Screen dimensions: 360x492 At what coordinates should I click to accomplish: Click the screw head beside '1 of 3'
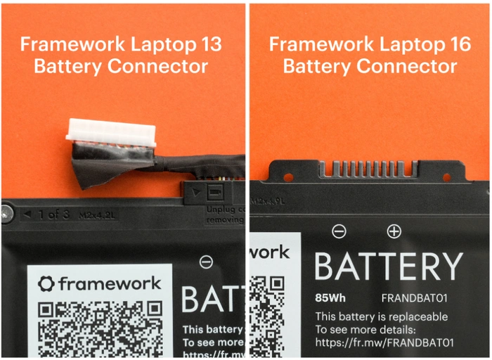pos(6,212)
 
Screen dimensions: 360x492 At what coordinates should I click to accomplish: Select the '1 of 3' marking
pos(53,214)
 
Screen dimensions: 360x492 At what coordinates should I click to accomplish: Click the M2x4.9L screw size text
pos(271,202)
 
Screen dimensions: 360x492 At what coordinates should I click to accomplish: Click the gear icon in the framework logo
pos(46,284)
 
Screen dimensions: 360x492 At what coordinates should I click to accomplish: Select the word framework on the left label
pos(109,284)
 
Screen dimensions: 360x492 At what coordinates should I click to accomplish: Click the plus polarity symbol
pos(394,231)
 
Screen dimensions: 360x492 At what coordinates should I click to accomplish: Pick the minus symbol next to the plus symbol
pos(339,231)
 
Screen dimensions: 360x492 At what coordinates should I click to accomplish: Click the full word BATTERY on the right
pos(388,266)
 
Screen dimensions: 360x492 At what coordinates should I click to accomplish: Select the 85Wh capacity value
pos(330,298)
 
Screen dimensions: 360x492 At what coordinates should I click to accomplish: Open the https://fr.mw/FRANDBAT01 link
pos(384,342)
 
